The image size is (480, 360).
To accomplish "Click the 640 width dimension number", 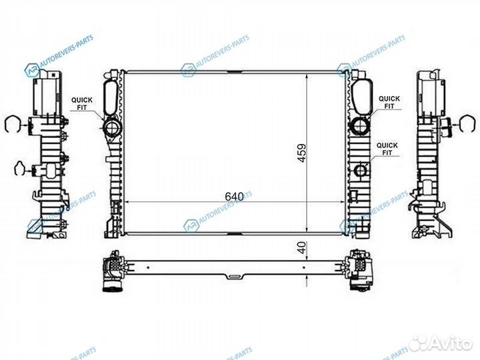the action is tap(234, 197).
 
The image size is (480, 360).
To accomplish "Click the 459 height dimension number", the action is tap(302, 153).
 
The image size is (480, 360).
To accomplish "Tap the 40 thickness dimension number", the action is tap(302, 247).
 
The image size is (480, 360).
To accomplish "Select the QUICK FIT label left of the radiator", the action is tap(82, 104).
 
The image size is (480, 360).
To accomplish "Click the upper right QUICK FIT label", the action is tap(389, 102).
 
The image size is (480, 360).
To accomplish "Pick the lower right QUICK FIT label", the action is tap(387, 149).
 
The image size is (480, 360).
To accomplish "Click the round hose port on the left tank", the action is tap(113, 127).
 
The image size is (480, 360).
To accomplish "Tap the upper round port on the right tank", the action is tap(360, 126).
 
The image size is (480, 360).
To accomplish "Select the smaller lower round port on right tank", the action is tap(361, 170).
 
